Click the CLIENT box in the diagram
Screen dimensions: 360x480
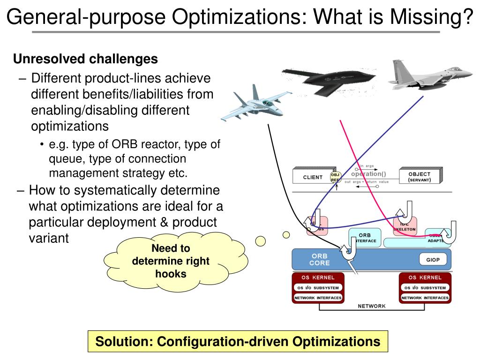coord(313,177)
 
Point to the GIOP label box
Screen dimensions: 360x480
coord(433,259)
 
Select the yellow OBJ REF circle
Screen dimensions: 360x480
coord(335,177)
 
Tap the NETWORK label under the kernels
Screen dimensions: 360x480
coord(372,306)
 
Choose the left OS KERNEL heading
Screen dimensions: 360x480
coord(317,277)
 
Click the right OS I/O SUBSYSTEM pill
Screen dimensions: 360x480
coord(425,288)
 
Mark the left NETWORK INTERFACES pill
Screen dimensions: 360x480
coord(318,298)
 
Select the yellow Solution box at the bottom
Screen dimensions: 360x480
coord(238,342)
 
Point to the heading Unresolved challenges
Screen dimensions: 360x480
coord(85,59)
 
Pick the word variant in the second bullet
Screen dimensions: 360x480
coord(49,238)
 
